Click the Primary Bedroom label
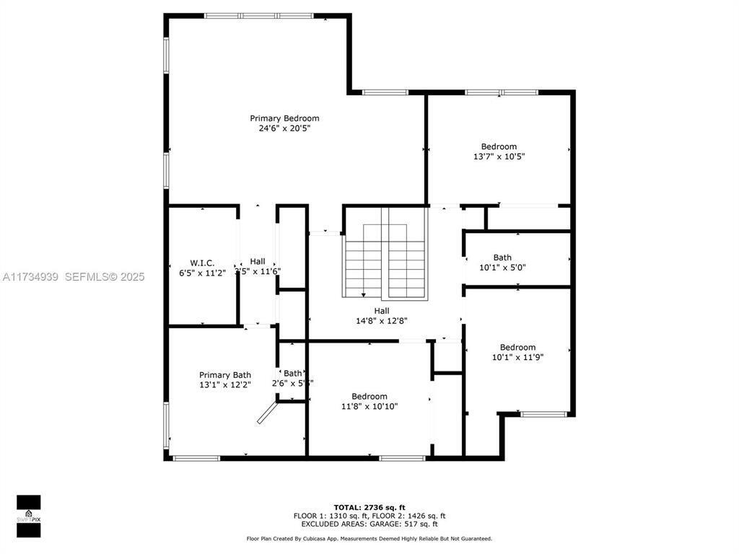[x=284, y=118]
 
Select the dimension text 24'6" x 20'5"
[x=284, y=128]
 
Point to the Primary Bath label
[x=225, y=375]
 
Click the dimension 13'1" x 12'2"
[x=225, y=385]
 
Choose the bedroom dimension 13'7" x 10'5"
[x=499, y=157]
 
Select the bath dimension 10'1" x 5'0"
[x=502, y=267]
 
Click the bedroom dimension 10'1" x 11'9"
[x=517, y=357]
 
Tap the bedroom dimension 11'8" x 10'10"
[x=369, y=406]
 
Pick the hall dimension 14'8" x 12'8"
[x=382, y=320]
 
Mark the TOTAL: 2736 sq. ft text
[x=369, y=507]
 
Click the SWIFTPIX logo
[x=28, y=516]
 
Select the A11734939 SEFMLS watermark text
[x=73, y=277]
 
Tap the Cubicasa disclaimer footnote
[x=369, y=539]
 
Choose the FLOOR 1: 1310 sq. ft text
[x=331, y=516]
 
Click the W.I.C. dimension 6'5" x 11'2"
[x=202, y=272]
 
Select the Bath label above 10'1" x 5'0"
[x=502, y=258]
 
